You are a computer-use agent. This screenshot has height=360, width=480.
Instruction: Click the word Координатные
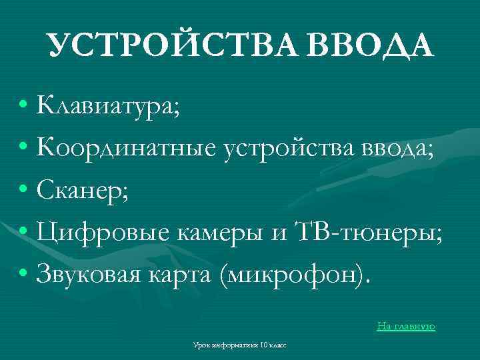pos(127,147)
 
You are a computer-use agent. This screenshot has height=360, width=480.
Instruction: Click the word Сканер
pos(83,190)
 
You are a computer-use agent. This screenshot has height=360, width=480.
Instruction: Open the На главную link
pos(405,326)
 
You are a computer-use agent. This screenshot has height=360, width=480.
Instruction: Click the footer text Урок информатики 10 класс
pos(239,345)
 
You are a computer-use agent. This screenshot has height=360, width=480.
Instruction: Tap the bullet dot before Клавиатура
pos(23,105)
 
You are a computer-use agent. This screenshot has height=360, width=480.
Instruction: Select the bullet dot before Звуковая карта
pos(23,274)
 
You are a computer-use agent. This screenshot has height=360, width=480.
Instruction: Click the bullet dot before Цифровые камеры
pos(23,232)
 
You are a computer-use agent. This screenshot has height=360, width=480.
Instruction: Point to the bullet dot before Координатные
pos(23,147)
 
